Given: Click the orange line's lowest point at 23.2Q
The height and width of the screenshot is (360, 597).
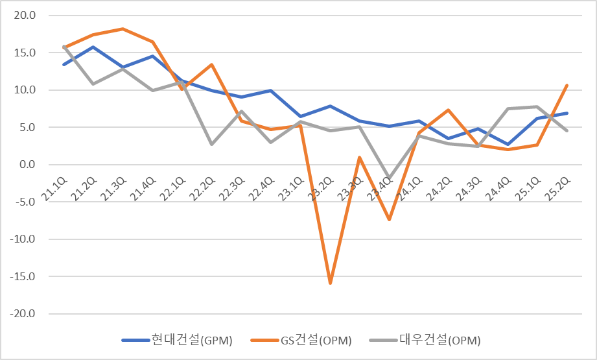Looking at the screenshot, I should click(x=331, y=283).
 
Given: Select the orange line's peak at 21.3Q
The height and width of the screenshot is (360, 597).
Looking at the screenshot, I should click(x=123, y=29).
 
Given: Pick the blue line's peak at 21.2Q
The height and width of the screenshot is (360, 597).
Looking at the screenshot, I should click(x=93, y=47).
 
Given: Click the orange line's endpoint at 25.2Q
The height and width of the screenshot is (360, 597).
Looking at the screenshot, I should click(x=567, y=85).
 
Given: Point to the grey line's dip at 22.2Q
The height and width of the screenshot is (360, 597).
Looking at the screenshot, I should click(x=212, y=144).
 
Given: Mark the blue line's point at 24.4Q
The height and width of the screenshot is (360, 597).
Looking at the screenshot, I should click(x=508, y=145).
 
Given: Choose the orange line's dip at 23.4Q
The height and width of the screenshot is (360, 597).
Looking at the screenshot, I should click(x=390, y=220).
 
